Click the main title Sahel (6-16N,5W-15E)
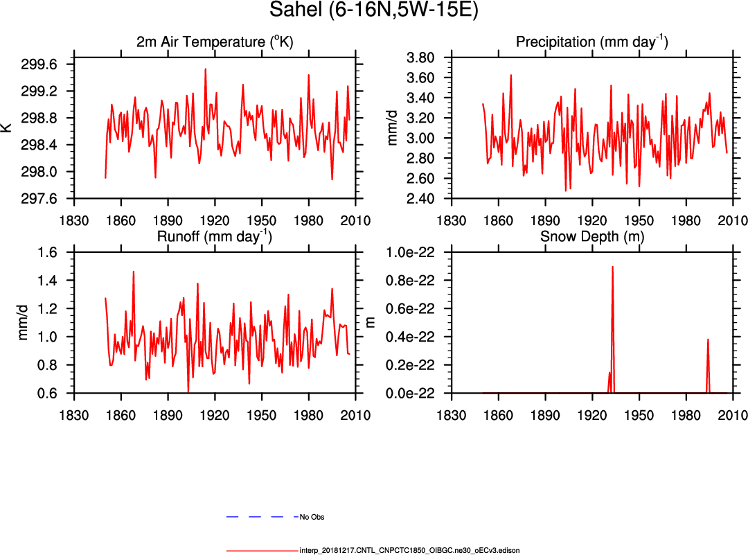[x=374, y=12]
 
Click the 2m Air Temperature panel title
[x=215, y=42]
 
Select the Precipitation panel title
[x=591, y=42]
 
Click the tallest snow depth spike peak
[x=612, y=267]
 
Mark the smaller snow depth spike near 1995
[x=708, y=340]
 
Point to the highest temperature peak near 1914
[x=205, y=69]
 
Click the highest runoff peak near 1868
[x=133, y=272]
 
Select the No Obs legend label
[x=312, y=517]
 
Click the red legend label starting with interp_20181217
[x=409, y=550]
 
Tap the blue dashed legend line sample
[x=256, y=517]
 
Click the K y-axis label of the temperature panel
[x=7, y=127]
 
